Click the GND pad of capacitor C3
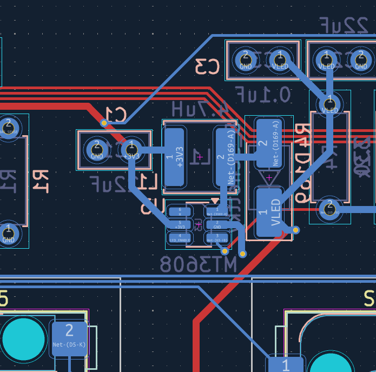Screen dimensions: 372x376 click(246, 60)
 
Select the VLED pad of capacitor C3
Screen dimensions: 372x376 click(280, 60)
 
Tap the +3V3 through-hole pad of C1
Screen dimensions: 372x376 click(130, 150)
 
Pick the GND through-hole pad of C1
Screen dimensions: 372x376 click(97, 150)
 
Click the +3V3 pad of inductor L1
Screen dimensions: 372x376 click(174, 156)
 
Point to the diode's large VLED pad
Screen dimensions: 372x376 click(269, 212)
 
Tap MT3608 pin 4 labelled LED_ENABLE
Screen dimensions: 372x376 click(181, 237)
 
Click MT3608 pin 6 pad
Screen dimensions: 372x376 click(181, 210)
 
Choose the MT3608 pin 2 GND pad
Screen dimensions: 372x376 click(217, 224)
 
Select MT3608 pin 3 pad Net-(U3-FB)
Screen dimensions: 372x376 click(217, 237)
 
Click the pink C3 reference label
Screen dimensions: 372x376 click(207, 67)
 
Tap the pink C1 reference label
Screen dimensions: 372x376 click(115, 115)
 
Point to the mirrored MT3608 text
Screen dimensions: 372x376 click(199, 265)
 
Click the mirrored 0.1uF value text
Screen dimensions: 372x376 click(263, 95)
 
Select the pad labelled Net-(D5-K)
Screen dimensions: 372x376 click(69, 337)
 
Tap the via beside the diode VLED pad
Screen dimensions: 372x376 click(295, 230)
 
